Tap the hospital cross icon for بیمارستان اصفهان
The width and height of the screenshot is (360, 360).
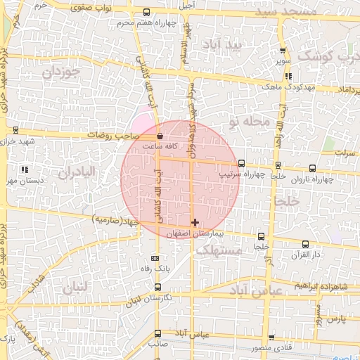(195, 222)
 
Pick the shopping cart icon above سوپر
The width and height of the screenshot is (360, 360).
(283, 51)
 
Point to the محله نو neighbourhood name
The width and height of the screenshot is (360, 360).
(251, 122)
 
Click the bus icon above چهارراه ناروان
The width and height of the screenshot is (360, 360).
(313, 168)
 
